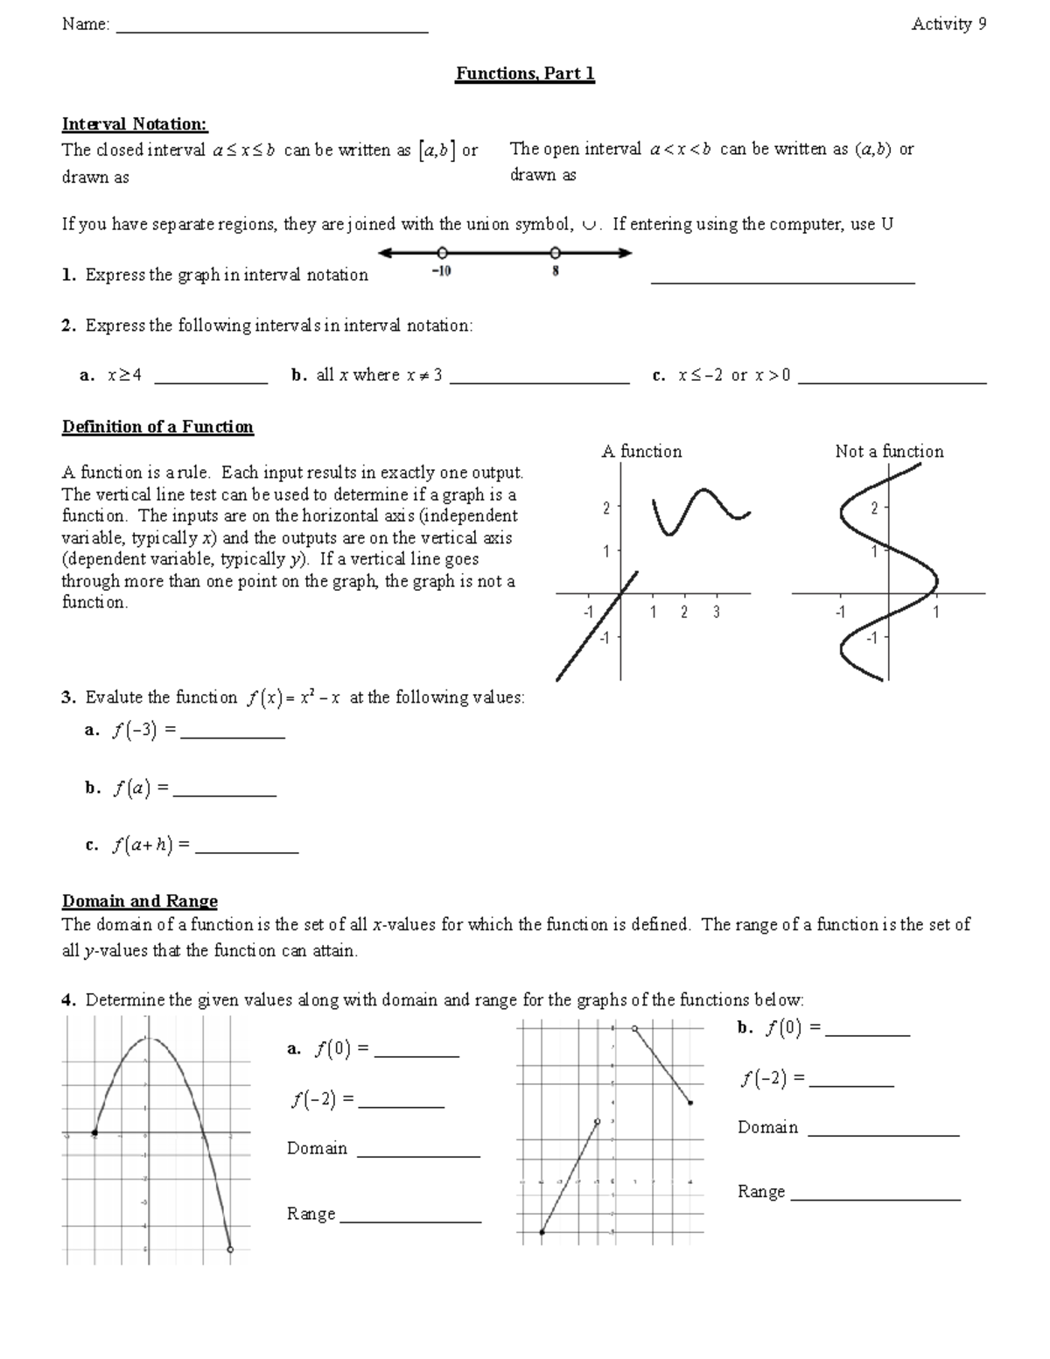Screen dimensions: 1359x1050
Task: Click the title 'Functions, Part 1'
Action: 525,74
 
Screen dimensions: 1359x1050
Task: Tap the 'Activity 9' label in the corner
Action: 948,25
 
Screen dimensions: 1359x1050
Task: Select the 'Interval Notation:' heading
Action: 135,124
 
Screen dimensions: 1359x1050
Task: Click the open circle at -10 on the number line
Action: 443,253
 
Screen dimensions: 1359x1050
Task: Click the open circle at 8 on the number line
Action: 555,253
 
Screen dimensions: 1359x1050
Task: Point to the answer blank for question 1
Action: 783,280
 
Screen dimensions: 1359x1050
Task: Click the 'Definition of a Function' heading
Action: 157,427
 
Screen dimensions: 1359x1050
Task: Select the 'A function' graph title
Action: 641,452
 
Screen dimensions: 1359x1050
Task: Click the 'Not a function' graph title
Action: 889,452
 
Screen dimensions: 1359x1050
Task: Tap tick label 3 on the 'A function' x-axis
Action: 716,613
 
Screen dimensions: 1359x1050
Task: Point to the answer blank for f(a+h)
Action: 247,850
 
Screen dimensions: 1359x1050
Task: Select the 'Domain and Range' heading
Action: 140,901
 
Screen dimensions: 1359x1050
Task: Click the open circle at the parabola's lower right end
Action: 230,1250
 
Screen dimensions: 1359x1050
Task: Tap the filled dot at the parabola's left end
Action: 94,1133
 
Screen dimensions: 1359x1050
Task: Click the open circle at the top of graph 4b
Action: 634,1029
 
